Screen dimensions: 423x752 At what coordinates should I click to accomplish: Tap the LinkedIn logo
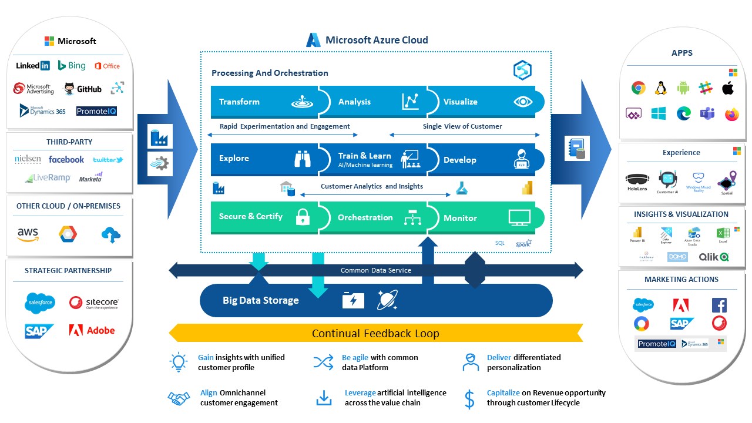pyautogui.click(x=33, y=66)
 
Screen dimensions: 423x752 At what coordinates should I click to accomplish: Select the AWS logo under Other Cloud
pyautogui.click(x=28, y=234)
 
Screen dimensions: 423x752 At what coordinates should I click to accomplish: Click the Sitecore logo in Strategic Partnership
pyautogui.click(x=94, y=303)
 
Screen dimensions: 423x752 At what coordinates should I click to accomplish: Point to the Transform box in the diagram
pyautogui.click(x=264, y=102)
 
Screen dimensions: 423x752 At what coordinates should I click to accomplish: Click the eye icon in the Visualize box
pyautogui.click(x=522, y=102)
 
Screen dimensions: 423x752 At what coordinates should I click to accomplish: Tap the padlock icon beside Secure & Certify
pyautogui.click(x=303, y=217)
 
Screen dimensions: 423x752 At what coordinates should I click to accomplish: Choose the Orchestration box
pyautogui.click(x=373, y=217)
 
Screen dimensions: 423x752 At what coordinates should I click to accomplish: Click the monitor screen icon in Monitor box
pyautogui.click(x=519, y=218)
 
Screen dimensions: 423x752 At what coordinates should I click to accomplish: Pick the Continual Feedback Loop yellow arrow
pyautogui.click(x=375, y=333)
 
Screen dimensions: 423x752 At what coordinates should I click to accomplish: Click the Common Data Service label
pyautogui.click(x=376, y=270)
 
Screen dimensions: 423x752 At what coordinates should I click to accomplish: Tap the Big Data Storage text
pyautogui.click(x=260, y=300)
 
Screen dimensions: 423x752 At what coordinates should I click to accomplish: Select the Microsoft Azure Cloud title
pyautogui.click(x=377, y=40)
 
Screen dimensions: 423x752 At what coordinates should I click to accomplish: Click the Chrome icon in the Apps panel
pyautogui.click(x=639, y=88)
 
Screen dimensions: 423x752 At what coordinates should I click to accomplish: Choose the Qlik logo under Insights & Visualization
pyautogui.click(x=714, y=257)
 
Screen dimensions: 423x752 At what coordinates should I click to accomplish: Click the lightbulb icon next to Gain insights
pyautogui.click(x=178, y=362)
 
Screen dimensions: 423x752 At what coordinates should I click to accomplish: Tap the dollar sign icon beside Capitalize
pyautogui.click(x=469, y=398)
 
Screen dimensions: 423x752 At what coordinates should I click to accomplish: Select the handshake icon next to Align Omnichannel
pyautogui.click(x=179, y=398)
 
